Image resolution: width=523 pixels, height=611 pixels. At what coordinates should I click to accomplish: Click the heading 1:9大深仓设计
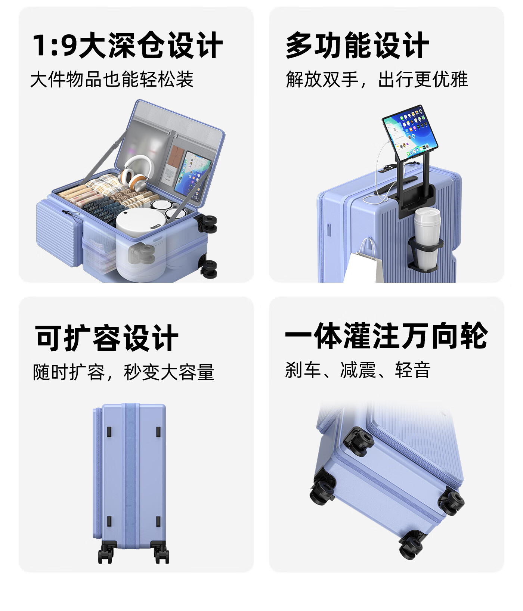tap(127, 45)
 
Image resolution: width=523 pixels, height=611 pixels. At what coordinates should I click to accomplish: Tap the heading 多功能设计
tap(357, 45)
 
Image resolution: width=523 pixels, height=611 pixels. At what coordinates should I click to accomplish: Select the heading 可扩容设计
tap(106, 338)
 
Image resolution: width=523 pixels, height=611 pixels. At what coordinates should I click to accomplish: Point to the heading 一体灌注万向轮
tap(386, 336)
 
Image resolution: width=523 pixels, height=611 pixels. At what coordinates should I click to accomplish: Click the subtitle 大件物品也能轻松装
tap(112, 79)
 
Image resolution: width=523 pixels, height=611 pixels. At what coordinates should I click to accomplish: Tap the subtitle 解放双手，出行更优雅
tap(377, 79)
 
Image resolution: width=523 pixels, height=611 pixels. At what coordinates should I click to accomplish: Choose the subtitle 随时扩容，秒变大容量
tap(124, 372)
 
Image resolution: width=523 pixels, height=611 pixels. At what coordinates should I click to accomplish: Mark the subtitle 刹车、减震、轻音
tap(358, 370)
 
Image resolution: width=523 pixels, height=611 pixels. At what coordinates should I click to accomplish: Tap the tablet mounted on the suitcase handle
tap(409, 133)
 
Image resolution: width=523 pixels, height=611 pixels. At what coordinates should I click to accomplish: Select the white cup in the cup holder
tap(427, 238)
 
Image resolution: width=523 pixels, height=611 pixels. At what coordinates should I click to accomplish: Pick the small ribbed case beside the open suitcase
tap(58, 232)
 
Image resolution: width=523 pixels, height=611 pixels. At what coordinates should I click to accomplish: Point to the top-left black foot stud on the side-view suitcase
tap(109, 431)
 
